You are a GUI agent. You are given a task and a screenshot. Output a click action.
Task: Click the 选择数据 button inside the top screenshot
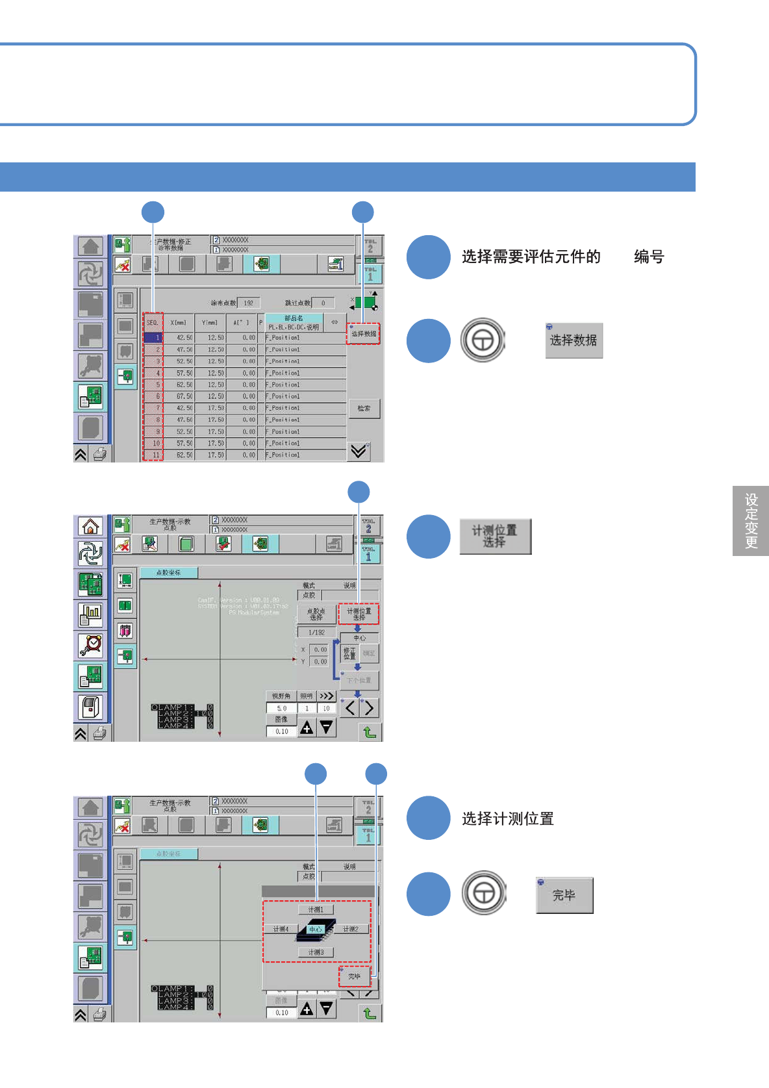click(363, 334)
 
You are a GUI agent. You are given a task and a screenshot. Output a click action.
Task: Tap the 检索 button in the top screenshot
click(364, 409)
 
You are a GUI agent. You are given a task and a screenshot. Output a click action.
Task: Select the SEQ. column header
click(153, 322)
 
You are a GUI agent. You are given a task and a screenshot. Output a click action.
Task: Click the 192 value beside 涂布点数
click(249, 303)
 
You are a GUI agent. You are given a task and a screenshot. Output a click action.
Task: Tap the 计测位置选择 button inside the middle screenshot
click(359, 614)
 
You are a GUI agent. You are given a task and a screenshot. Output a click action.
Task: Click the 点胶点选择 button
click(316, 614)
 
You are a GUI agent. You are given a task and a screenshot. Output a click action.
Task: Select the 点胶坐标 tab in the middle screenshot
click(169, 573)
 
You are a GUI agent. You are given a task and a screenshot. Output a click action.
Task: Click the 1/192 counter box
click(316, 632)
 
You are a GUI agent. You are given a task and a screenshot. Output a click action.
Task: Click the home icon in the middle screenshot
click(90, 526)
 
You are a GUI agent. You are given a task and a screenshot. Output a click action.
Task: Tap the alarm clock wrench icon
click(90, 644)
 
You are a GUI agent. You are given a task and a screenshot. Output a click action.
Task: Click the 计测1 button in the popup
click(316, 909)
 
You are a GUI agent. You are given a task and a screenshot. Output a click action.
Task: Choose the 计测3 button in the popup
click(316, 952)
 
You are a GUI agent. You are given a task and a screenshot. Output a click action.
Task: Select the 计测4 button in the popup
click(281, 930)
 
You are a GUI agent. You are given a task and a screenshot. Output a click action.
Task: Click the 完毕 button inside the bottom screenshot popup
click(355, 976)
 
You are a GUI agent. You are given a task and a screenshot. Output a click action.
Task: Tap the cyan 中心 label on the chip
click(315, 930)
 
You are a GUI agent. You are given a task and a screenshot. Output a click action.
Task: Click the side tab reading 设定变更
click(751, 521)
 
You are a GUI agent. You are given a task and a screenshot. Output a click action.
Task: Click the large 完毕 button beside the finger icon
click(564, 896)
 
